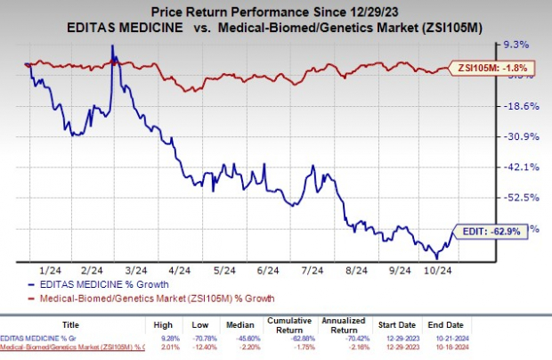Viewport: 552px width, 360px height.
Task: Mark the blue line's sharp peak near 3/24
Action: point(112,46)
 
